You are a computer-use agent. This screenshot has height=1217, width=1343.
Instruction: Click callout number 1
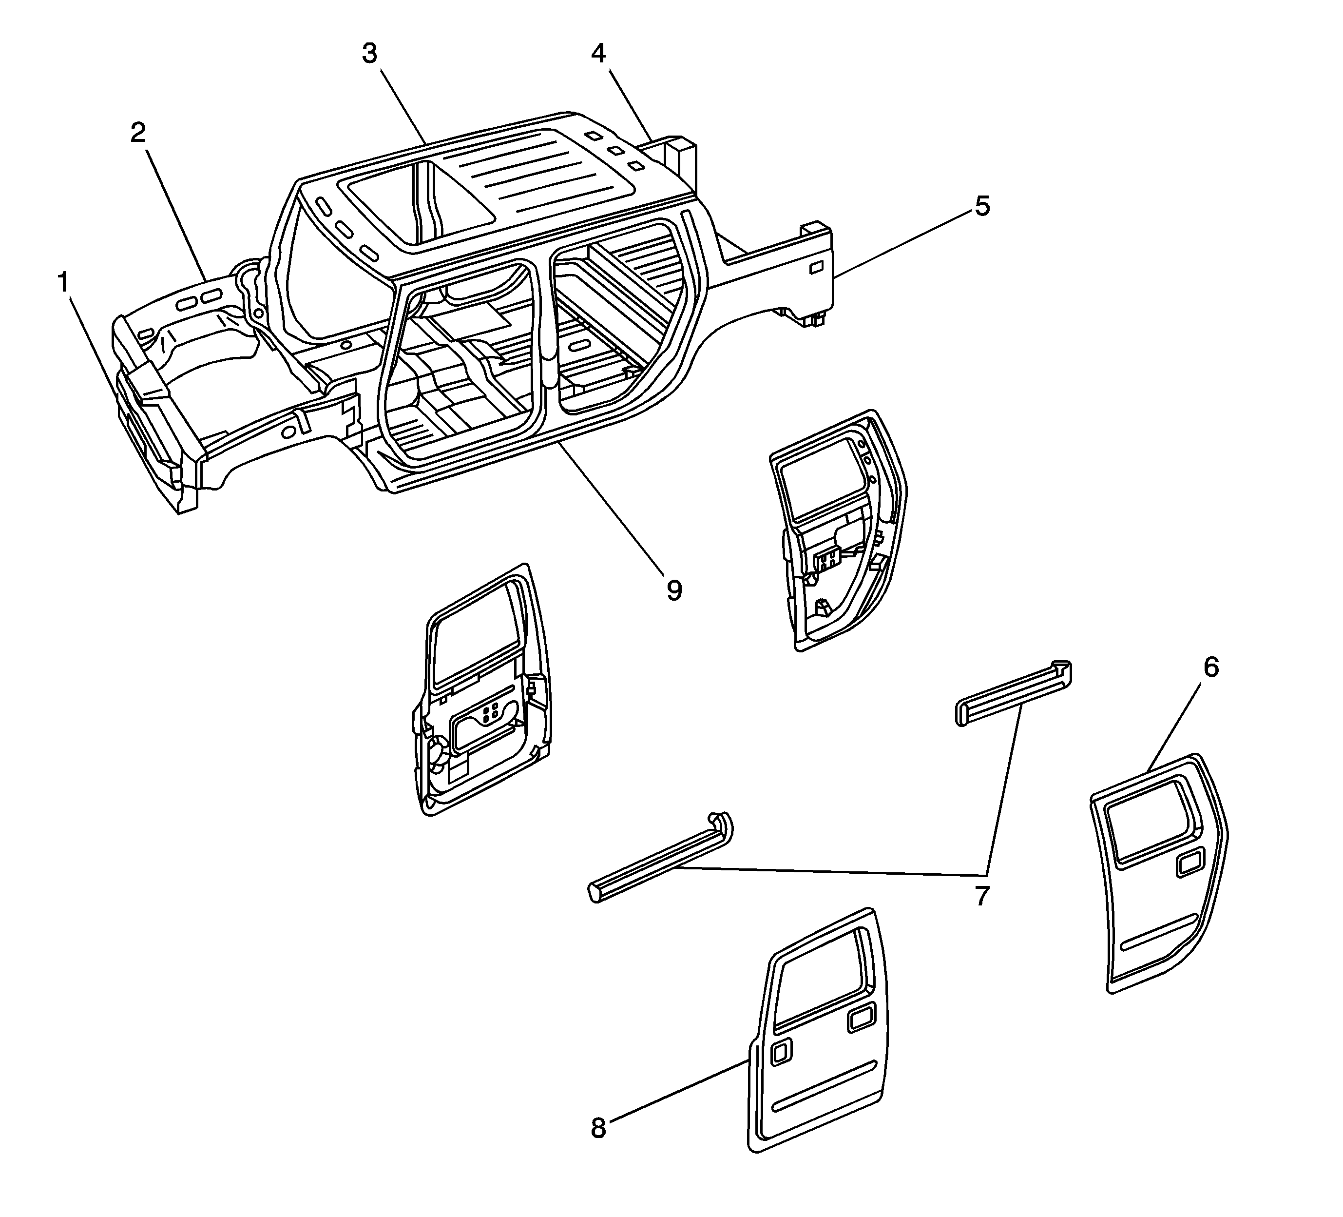63,283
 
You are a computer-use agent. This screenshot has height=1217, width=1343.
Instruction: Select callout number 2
138,133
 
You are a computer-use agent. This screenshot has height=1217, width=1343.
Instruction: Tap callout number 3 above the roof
370,53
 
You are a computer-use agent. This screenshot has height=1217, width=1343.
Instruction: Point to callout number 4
598,53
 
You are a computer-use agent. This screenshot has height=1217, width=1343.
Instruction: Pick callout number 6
1210,667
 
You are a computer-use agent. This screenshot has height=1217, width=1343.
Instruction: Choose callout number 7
981,897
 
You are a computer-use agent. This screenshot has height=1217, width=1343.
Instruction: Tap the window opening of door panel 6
1151,826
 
